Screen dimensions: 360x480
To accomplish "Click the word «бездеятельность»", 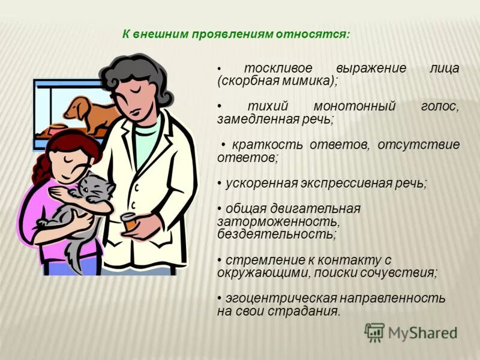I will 277,234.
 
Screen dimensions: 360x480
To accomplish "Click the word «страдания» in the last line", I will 311,311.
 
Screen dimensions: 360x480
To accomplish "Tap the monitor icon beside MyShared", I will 374,332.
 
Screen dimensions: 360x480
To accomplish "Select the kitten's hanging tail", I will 74,252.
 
